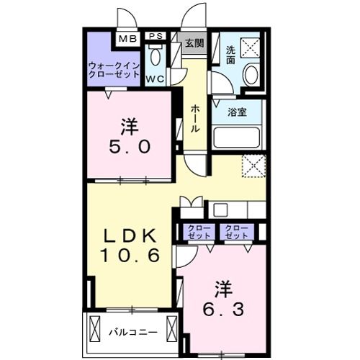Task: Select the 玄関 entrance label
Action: coord(193,42)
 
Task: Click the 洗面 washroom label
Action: coord(230,55)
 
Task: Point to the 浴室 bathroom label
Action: coord(237,112)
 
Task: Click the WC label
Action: coord(155,77)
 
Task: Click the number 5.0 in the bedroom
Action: coord(130,148)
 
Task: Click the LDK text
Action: coord(130,235)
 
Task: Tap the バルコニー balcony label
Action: coord(132,333)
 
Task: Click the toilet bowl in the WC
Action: coord(156,58)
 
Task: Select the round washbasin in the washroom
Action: coord(251,75)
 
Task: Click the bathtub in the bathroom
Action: coord(237,137)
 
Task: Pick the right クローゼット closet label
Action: coord(235,232)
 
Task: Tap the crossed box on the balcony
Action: coord(96,333)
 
